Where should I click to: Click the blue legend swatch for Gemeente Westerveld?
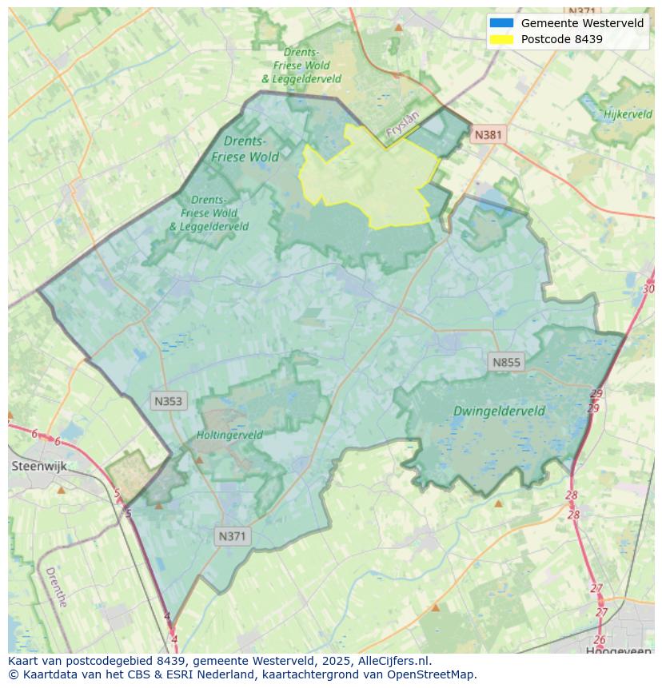tap(501, 23)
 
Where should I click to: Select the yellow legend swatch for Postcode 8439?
tap(501, 39)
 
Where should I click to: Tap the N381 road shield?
tap(488, 135)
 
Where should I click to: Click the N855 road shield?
tap(505, 363)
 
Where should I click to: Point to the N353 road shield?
tap(168, 401)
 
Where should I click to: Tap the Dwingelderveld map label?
tap(499, 412)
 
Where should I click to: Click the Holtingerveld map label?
tap(229, 435)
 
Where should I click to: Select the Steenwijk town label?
tap(39, 466)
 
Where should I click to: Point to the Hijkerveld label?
tap(628, 114)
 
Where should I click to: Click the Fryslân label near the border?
tap(402, 126)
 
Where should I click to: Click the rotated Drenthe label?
tap(56, 587)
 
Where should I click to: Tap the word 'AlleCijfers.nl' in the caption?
tap(393, 662)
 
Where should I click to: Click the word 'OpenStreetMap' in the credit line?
tap(434, 674)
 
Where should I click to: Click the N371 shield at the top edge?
tap(581, 11)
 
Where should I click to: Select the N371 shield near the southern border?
tap(232, 537)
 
